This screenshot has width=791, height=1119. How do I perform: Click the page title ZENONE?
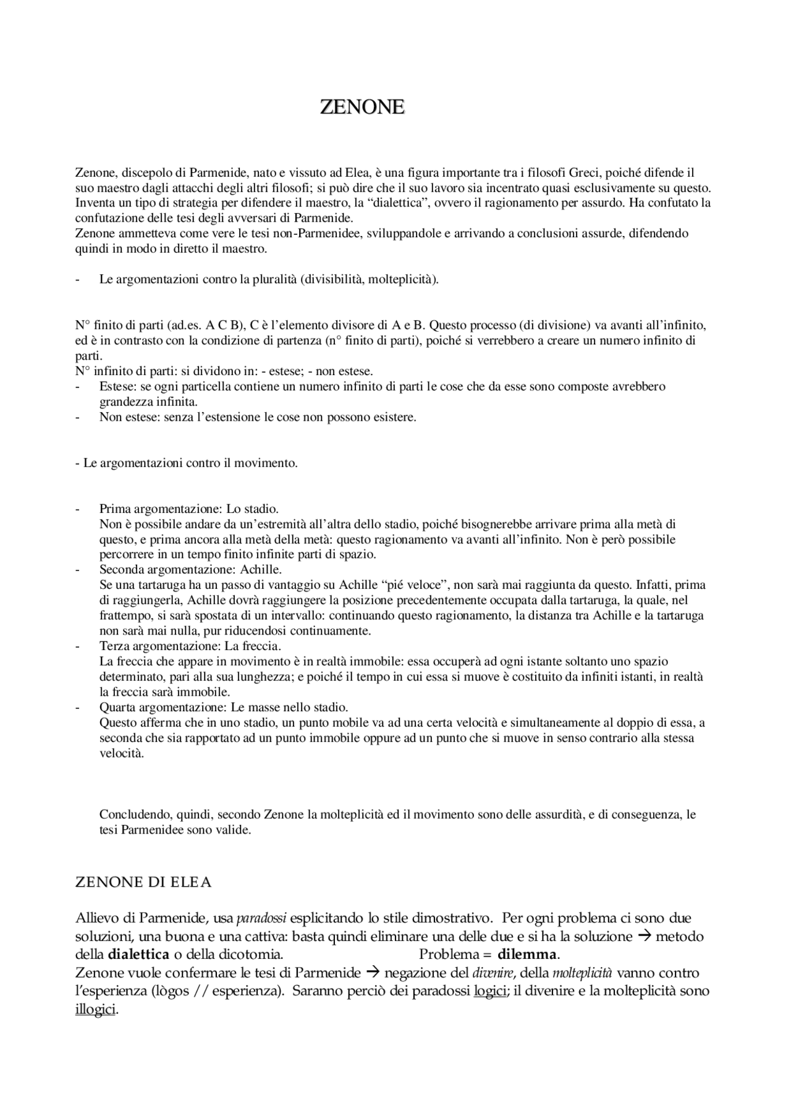pyautogui.click(x=362, y=107)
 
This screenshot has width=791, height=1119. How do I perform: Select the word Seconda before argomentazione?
pyautogui.click(x=118, y=570)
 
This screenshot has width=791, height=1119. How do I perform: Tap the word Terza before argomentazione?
pyautogui.click(x=113, y=646)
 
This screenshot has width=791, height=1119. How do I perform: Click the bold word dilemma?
pyautogui.click(x=527, y=955)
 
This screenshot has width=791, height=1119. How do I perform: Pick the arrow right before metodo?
pyautogui.click(x=644, y=936)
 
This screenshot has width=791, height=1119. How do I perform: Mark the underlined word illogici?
pyautogui.click(x=95, y=1010)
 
